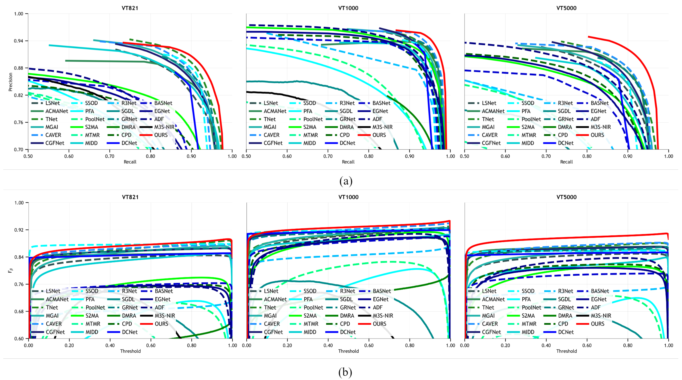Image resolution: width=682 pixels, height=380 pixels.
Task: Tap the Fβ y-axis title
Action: pyautogui.click(x=11, y=270)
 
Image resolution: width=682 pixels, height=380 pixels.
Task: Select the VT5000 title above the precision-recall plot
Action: pyautogui.click(x=566, y=8)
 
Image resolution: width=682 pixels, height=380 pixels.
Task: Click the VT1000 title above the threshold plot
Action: pyautogui.click(x=348, y=197)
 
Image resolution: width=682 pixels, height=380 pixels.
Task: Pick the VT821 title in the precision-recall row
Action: pyautogui.click(x=130, y=8)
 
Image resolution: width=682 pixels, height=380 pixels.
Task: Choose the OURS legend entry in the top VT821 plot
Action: pyautogui.click(x=161, y=135)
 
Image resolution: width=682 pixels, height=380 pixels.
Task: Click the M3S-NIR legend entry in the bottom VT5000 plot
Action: pyautogui.click(x=601, y=316)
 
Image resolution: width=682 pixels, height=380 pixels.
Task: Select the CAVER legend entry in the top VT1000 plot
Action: pyautogui.click(x=271, y=135)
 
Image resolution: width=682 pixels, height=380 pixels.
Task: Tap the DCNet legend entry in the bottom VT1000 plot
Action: pyautogui.click(x=348, y=332)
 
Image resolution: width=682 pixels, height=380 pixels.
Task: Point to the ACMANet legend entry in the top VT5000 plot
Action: pyautogui.click(x=493, y=111)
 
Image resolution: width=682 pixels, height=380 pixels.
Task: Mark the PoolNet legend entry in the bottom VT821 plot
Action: pyautogui.click(x=95, y=307)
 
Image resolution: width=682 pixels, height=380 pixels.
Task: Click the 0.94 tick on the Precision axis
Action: pyautogui.click(x=19, y=41)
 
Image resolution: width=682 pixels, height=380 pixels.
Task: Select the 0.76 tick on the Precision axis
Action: pyautogui.click(x=19, y=122)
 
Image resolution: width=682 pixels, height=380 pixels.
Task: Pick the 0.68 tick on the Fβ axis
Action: pyautogui.click(x=19, y=311)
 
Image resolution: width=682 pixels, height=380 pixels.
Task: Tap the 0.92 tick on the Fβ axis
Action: pyautogui.click(x=19, y=230)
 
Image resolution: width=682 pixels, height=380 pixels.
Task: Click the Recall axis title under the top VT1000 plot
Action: pyautogui.click(x=348, y=162)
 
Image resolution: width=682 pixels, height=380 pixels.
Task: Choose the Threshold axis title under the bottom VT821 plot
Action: pyautogui.click(x=130, y=351)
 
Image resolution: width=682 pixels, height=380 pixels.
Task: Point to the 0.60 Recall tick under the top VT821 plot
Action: pyautogui.click(x=69, y=156)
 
